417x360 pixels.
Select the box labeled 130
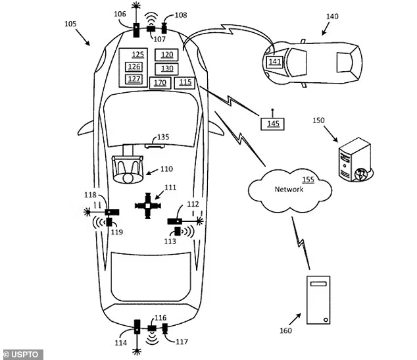[167, 68]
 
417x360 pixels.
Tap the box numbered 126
[134, 66]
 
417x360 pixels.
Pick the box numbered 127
[134, 78]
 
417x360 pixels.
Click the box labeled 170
[159, 82]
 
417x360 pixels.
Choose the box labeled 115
[184, 82]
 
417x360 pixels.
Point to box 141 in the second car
[274, 62]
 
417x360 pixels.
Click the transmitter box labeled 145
[272, 122]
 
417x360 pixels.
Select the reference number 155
[307, 180]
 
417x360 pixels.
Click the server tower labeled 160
[319, 299]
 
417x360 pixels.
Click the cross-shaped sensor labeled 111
[147, 205]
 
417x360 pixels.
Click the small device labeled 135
[147, 146]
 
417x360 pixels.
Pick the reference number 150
[320, 121]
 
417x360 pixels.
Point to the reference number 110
[165, 169]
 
